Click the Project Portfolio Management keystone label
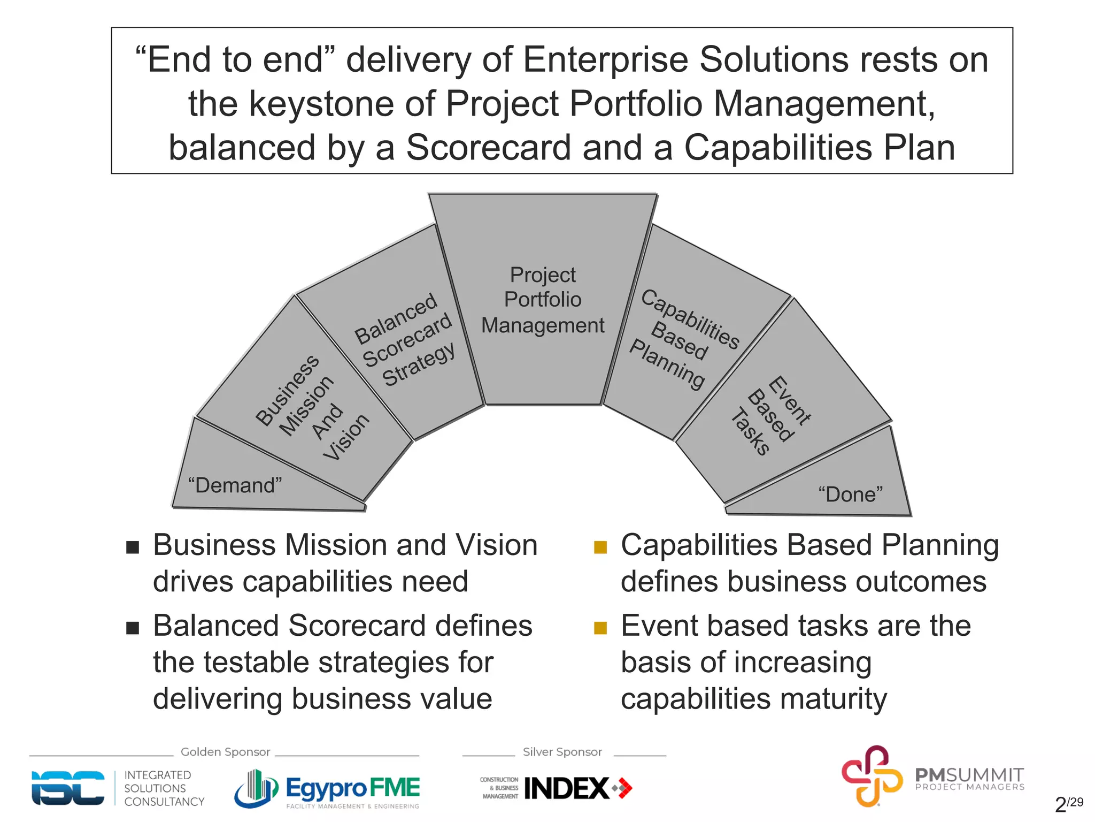[542, 300]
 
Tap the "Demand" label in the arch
[235, 485]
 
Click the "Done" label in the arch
[850, 494]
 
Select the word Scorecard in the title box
[489, 148]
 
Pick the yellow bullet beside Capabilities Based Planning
[600, 547]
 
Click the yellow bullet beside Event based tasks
[600, 628]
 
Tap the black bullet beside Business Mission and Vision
[133, 547]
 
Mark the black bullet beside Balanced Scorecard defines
[133, 628]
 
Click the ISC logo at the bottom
[68, 788]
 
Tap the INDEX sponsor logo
[567, 788]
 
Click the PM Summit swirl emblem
[872, 776]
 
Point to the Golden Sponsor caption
[225, 752]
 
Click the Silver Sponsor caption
[562, 752]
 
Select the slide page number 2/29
[1068, 804]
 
